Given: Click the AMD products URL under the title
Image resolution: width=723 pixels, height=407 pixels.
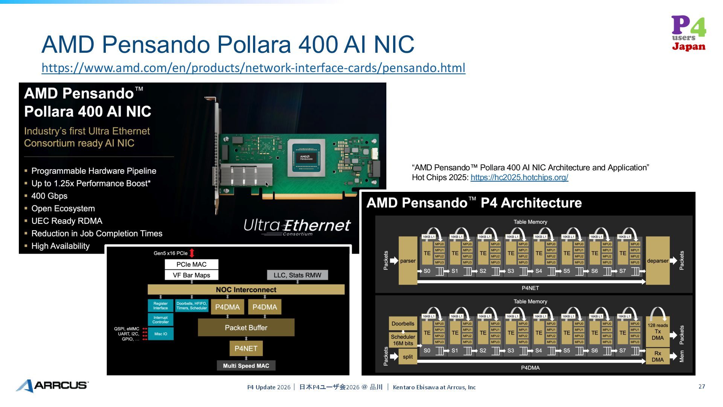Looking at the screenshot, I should point(253,68).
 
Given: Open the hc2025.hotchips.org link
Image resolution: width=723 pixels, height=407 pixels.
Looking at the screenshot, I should point(519,177).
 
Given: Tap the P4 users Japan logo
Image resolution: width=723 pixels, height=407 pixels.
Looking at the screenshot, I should point(689,33).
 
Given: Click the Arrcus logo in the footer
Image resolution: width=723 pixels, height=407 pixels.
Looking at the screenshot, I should point(52,386).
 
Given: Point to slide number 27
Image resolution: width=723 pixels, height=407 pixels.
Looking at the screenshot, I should point(702,387).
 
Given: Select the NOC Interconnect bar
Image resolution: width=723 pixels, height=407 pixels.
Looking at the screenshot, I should point(246,289).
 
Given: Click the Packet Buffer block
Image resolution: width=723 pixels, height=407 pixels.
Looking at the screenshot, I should point(246,327).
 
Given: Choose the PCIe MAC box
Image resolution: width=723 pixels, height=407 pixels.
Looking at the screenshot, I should point(191,264).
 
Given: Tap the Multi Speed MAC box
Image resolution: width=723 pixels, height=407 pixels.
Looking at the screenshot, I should point(246,366).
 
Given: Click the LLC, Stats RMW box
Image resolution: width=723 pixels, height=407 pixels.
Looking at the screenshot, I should point(297,275).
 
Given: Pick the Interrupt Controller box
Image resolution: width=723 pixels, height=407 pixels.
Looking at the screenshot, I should point(160,320).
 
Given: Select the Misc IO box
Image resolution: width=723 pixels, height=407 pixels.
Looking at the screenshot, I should point(160,334).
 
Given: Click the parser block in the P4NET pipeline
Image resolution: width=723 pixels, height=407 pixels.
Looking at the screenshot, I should point(408,261).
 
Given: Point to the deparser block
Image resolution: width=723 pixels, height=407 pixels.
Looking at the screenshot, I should point(657,261).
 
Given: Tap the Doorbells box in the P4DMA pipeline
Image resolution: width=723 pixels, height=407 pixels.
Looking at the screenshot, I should point(403,323).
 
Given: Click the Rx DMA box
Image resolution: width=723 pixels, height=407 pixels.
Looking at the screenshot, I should point(657,356).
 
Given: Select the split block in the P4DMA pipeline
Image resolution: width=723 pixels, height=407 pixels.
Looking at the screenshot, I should point(407,357).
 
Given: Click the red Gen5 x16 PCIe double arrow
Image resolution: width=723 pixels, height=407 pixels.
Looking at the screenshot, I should point(192,253).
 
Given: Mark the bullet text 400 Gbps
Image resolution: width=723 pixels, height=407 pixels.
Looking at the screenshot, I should point(49,196).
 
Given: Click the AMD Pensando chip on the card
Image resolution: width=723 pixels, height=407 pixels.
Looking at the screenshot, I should point(306,158).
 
